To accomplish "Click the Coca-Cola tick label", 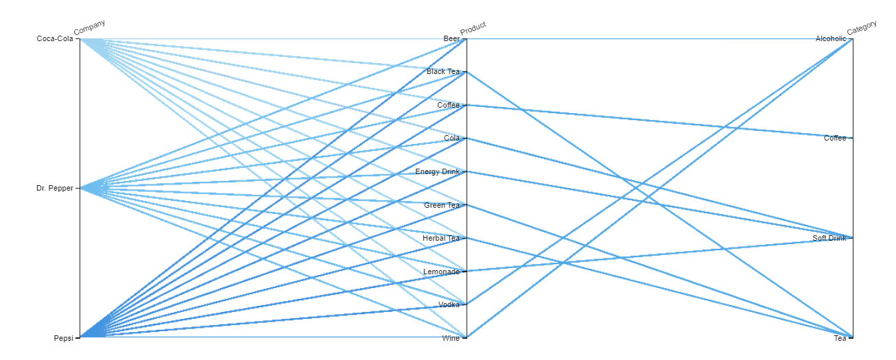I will [x=55, y=39].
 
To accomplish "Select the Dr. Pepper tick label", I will [x=55, y=188].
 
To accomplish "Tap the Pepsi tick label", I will [x=63, y=337].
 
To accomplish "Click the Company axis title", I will [x=90, y=27].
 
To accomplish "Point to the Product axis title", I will [x=473, y=28].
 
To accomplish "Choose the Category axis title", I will [x=862, y=28].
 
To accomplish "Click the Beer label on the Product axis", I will [x=451, y=39].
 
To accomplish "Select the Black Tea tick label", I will [x=443, y=72].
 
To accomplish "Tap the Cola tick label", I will [x=451, y=139].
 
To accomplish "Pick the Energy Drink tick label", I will [x=437, y=171].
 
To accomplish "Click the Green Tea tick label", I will [x=443, y=205].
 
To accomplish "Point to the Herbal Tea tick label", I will [x=441, y=238].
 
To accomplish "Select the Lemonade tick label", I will [x=441, y=272].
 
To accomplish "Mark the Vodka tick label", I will [x=449, y=304].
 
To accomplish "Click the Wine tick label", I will [x=451, y=337].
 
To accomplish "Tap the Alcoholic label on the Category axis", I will [x=831, y=39].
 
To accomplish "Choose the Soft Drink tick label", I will [x=829, y=238].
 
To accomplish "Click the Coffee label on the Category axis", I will [x=835, y=139].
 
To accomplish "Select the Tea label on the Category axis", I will [x=840, y=337].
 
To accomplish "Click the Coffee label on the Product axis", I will [x=448, y=106].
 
